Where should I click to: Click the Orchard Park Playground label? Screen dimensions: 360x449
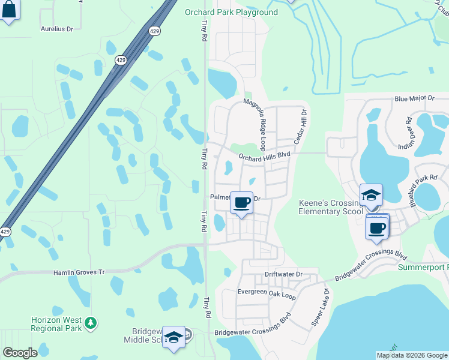[231, 12]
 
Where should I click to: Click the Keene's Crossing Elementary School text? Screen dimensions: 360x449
[331, 207]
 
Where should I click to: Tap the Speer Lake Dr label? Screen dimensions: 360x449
[320, 307]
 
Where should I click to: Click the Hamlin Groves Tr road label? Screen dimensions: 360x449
[79, 272]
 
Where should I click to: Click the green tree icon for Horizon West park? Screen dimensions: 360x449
[91, 323]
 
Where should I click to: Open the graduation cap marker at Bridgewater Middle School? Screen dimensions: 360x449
[174, 337]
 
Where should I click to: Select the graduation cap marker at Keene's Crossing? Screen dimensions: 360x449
[371, 194]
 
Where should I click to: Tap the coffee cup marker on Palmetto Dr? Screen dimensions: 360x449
[241, 202]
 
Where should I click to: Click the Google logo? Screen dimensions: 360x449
[20, 353]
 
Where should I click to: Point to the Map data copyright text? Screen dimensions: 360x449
[412, 355]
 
